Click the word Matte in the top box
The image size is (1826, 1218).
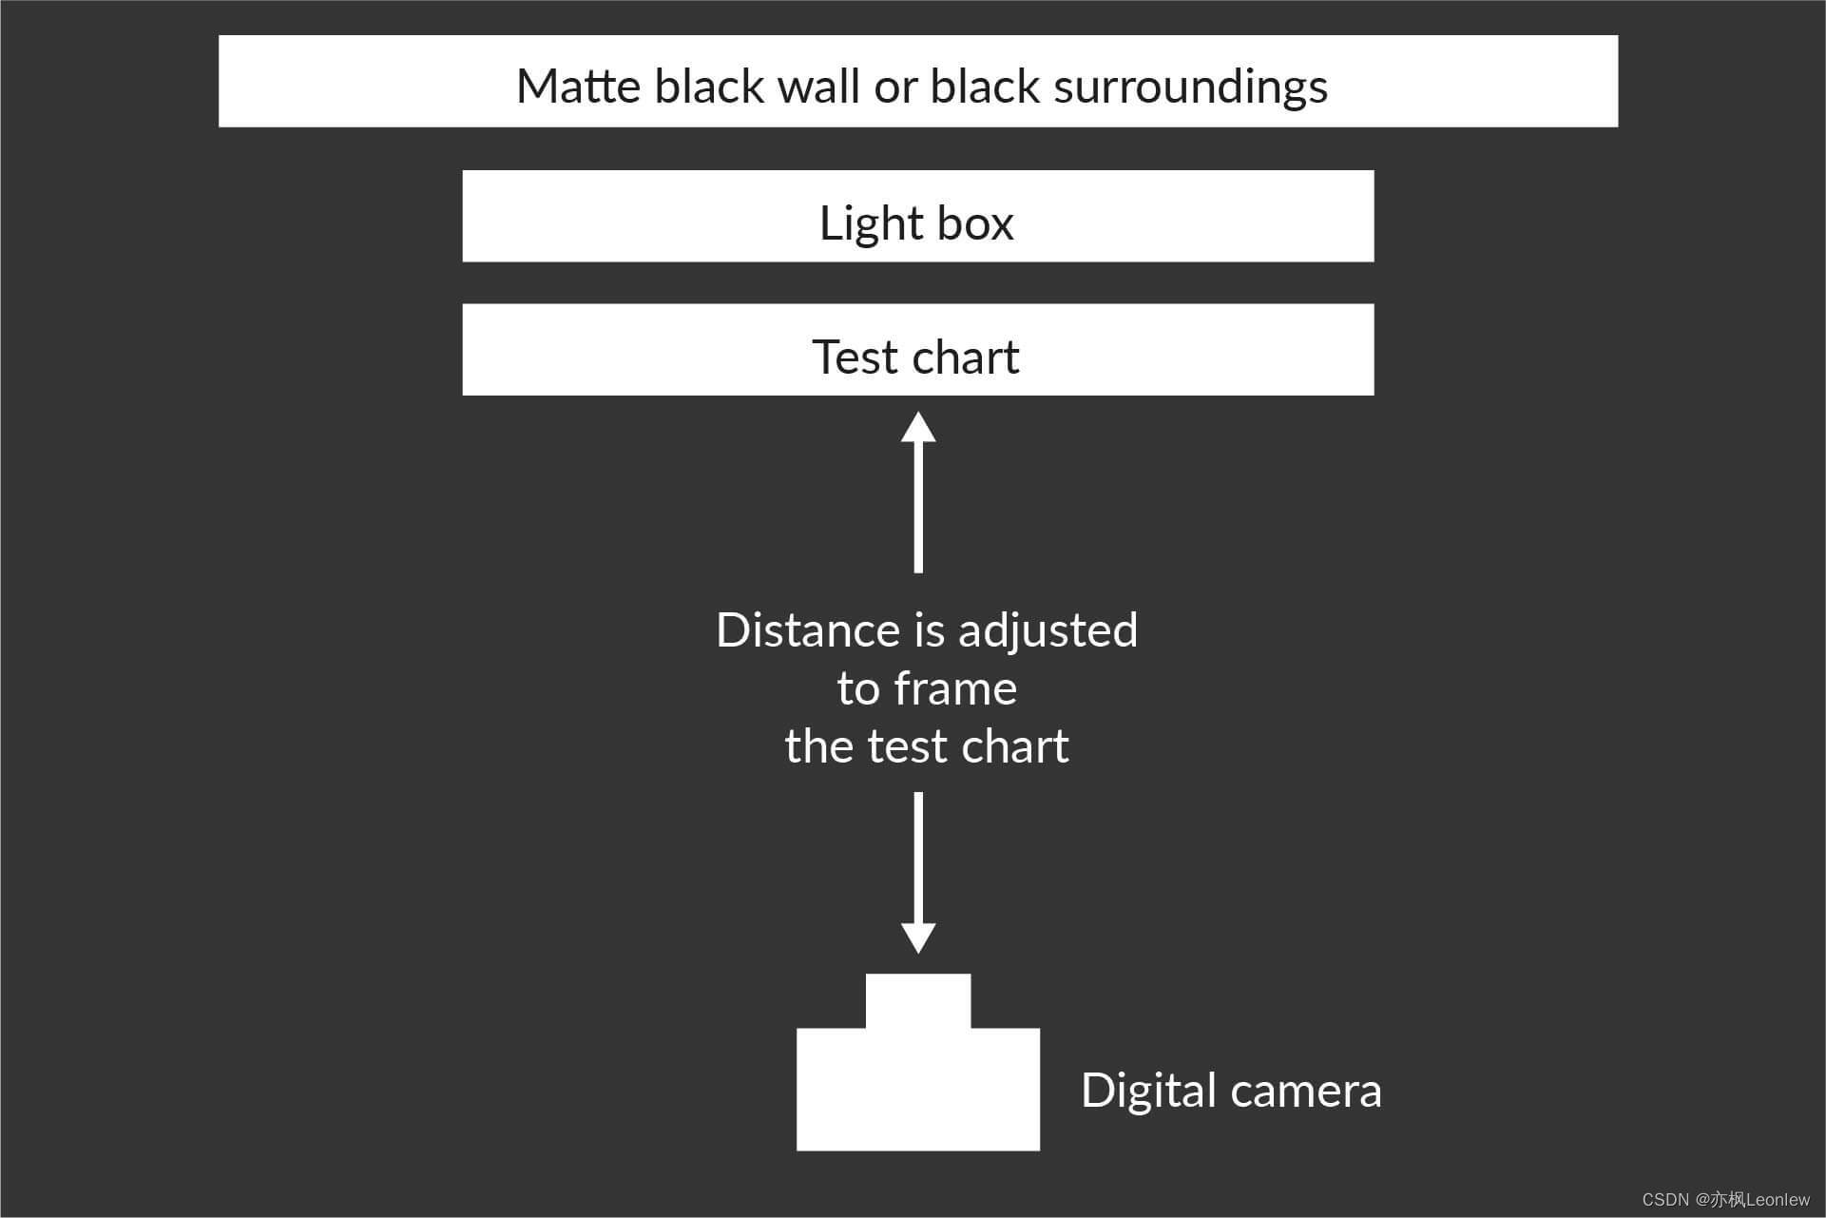point(578,87)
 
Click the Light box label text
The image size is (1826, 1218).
point(916,223)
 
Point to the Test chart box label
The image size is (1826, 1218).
point(915,358)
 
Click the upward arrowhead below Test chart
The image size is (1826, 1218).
point(918,428)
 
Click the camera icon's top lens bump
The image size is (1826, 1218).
point(918,1000)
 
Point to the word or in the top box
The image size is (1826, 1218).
point(895,87)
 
